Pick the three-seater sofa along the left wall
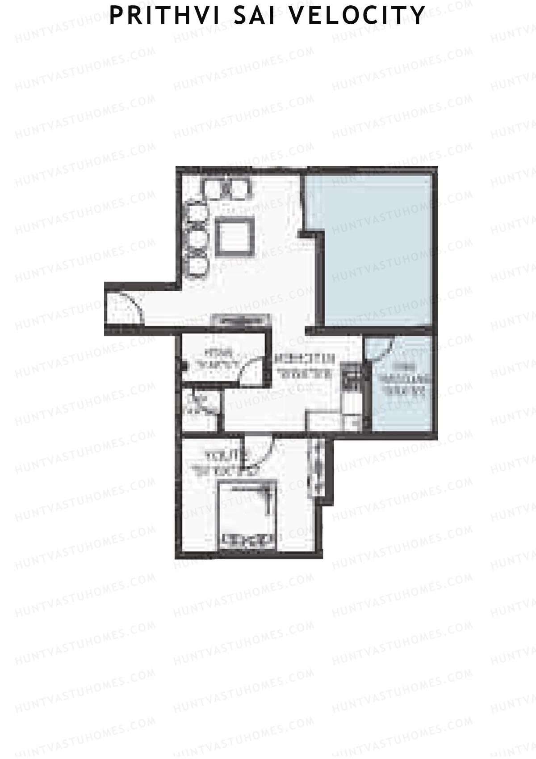[x=197, y=237]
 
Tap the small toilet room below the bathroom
[x=200, y=405]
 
